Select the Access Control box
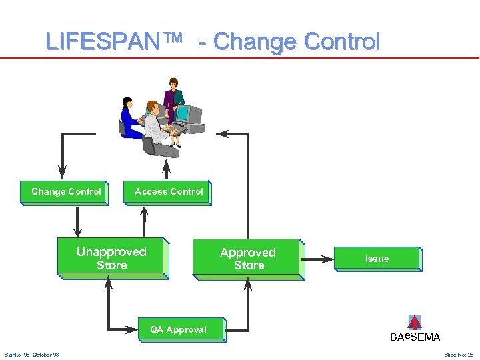point(167,192)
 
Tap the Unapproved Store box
point(111,257)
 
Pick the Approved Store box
point(247,258)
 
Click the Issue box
point(377,259)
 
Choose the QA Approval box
point(178,329)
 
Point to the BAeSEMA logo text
point(415,337)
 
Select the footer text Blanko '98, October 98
point(31,354)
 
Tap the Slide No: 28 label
point(459,354)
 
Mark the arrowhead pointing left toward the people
point(223,134)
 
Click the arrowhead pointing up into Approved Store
point(248,285)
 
